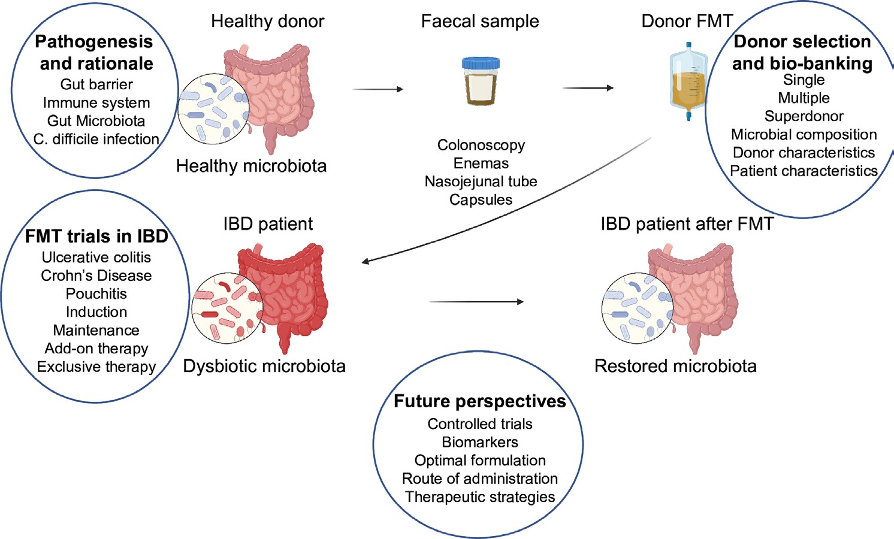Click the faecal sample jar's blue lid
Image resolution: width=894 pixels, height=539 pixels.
[x=481, y=63]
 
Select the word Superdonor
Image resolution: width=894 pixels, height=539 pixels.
[x=804, y=116]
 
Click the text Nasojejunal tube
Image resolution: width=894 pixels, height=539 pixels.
[x=481, y=181]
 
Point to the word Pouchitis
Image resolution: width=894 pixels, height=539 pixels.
[x=96, y=294]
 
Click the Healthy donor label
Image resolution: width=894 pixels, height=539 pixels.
[x=267, y=22]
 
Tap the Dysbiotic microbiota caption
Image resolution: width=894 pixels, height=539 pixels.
[x=264, y=366]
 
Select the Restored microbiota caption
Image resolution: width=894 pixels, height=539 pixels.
[x=675, y=366]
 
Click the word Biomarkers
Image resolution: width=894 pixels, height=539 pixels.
[x=480, y=443]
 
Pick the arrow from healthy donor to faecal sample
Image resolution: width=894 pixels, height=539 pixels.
[x=378, y=89]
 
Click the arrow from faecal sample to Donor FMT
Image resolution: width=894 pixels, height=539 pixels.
[x=588, y=88]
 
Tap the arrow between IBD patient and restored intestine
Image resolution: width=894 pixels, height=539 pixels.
[x=476, y=302]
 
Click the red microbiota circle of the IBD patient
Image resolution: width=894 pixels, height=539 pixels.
[x=227, y=308]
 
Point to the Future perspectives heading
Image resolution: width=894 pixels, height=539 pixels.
[x=479, y=401]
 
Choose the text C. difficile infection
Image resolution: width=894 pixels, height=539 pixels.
[x=96, y=140]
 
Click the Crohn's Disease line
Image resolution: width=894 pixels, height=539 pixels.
[x=96, y=275]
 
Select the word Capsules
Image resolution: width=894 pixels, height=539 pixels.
[x=481, y=200]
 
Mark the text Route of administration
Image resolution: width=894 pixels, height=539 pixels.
[x=480, y=479]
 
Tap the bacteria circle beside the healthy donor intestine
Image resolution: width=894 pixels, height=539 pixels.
[x=213, y=108]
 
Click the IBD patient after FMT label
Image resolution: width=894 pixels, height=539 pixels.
[x=687, y=224]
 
